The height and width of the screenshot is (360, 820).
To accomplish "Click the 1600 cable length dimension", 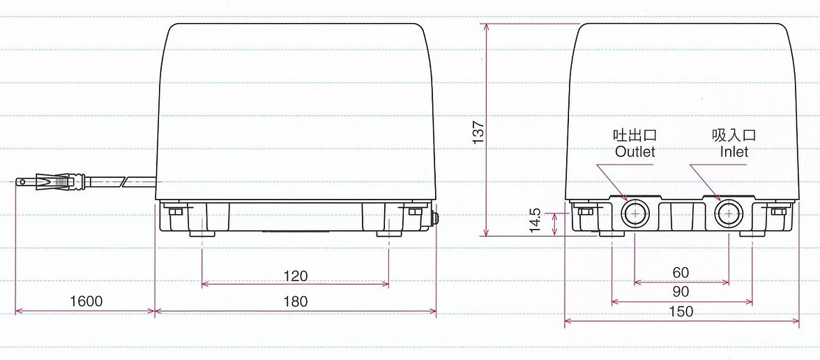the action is coord(86,301).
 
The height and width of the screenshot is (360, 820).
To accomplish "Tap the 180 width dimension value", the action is coord(296,302).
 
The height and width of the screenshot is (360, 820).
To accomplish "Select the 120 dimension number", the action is coord(296,275).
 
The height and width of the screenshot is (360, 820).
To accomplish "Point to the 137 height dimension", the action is coord(478,133).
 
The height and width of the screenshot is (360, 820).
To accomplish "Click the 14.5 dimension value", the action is coord(534,220).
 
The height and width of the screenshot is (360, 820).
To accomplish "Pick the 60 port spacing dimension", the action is coord(681,273).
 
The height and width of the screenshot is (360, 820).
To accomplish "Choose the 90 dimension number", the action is coord(681,292).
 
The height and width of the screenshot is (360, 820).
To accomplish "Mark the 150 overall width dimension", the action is coord(681,312).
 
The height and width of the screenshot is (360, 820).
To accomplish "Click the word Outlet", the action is coord(635,152).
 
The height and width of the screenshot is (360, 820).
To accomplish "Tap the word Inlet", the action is coord(734,152).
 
